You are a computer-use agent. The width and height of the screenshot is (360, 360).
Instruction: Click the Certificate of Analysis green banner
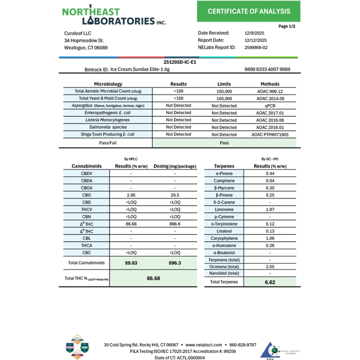pyautogui.click(x=249, y=12)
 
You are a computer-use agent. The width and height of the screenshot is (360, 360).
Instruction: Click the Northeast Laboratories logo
pyautogui.click(x=114, y=16)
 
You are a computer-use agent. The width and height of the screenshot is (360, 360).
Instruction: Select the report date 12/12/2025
pyautogui.click(x=255, y=40)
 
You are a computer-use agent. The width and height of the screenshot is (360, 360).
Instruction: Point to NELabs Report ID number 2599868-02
pyautogui.click(x=256, y=48)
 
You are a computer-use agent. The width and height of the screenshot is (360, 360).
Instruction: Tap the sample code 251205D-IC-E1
pyautogui.click(x=179, y=62)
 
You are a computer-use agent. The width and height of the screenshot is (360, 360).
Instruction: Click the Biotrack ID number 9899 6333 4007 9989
pyautogui.click(x=267, y=69)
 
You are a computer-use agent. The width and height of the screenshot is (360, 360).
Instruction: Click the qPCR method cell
pyautogui.click(x=270, y=105)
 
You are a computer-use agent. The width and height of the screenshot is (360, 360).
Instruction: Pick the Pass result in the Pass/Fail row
pyautogui.click(x=224, y=143)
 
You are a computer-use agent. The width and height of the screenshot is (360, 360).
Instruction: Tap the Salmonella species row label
pyautogui.click(x=108, y=127)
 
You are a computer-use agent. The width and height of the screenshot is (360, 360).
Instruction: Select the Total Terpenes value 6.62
pyautogui.click(x=270, y=282)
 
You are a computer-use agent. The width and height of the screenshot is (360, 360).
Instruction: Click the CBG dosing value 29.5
pyautogui.click(x=175, y=195)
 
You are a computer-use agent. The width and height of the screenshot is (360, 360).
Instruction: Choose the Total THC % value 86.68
pyautogui.click(x=153, y=278)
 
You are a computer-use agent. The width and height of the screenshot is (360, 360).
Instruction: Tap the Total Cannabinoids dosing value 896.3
pyautogui.click(x=175, y=262)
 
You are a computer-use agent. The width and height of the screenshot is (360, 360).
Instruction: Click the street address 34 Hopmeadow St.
pyautogui.click(x=84, y=41)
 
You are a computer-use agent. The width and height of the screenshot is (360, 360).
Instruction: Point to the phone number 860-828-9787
pyautogui.click(x=239, y=345)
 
